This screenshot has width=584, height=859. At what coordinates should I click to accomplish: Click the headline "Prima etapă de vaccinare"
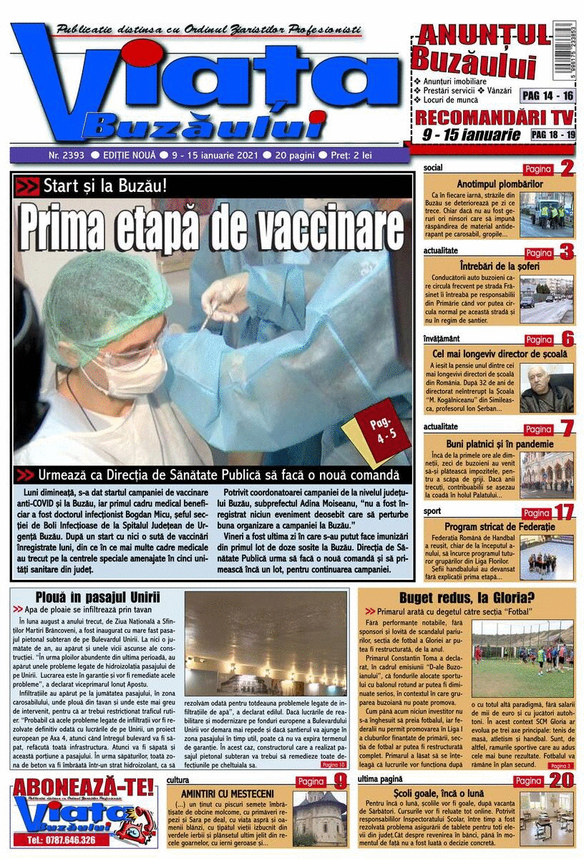212,228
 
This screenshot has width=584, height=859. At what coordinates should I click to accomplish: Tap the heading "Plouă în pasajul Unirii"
97,597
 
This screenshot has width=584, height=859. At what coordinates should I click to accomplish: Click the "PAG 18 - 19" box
553,134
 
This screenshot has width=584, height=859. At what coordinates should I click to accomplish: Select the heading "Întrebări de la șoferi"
500,266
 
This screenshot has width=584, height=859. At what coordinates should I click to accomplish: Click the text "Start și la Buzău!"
104,186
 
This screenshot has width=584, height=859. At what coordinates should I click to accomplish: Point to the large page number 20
562,780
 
